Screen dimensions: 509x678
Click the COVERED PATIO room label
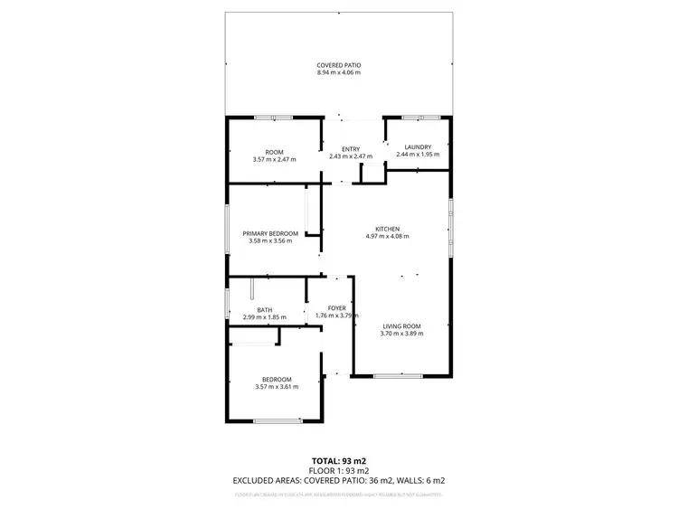pyautogui.click(x=338, y=65)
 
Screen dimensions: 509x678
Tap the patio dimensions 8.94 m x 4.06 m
pyautogui.click(x=338, y=72)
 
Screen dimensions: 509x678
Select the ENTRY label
pyautogui.click(x=351, y=149)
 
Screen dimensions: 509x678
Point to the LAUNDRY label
pyautogui.click(x=418, y=147)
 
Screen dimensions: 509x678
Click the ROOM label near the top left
pyautogui.click(x=274, y=152)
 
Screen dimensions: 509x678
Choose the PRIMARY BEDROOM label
pyautogui.click(x=269, y=233)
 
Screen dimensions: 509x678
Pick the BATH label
pyautogui.click(x=264, y=310)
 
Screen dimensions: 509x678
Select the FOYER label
pyautogui.click(x=337, y=308)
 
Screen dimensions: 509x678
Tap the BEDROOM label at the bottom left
pyautogui.click(x=277, y=379)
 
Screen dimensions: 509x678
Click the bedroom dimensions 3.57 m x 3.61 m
pyautogui.click(x=277, y=387)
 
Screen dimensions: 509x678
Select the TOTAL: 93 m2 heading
pyautogui.click(x=338, y=460)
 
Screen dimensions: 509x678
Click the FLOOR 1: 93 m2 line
pyautogui.click(x=338, y=470)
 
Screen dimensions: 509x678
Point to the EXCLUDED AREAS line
pyautogui.click(x=338, y=480)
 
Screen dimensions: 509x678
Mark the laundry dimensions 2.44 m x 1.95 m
pyautogui.click(x=418, y=155)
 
